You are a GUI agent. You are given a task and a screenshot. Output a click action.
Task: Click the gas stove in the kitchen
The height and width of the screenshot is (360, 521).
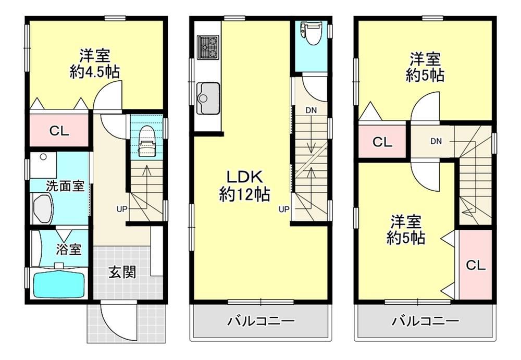(x=208, y=47)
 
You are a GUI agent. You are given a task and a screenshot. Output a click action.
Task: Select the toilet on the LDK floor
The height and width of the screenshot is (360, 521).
(x=311, y=33)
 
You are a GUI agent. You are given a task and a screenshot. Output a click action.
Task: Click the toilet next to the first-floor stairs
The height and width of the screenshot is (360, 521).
(x=146, y=141)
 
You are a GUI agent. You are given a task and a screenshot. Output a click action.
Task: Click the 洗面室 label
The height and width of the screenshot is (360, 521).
(x=65, y=186)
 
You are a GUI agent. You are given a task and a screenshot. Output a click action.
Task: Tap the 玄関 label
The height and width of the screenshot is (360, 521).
(x=122, y=272)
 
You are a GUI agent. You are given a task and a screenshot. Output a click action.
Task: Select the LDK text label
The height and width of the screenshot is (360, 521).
(x=244, y=177)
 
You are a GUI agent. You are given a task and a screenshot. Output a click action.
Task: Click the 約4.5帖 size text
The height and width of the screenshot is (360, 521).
(x=95, y=72)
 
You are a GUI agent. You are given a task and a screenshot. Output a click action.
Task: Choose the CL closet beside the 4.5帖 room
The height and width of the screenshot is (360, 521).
(x=59, y=131)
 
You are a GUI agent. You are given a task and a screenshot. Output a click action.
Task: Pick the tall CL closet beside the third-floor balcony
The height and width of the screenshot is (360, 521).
(x=475, y=265)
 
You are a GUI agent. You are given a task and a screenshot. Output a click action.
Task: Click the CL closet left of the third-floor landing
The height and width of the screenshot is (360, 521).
(x=382, y=142)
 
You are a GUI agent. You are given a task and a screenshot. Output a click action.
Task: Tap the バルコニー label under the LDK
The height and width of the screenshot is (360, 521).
(x=261, y=321)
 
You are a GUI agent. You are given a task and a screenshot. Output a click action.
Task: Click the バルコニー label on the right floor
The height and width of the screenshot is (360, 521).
(x=426, y=321)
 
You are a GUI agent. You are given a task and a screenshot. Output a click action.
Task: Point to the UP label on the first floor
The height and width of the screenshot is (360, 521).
(x=122, y=209)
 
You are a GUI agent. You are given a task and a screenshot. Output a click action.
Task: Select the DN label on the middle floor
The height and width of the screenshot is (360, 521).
(x=311, y=110)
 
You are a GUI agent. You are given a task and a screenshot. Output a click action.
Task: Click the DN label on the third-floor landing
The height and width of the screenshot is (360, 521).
(x=436, y=141)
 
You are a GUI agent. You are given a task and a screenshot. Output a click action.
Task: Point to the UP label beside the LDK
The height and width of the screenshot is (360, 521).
(x=284, y=209)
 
